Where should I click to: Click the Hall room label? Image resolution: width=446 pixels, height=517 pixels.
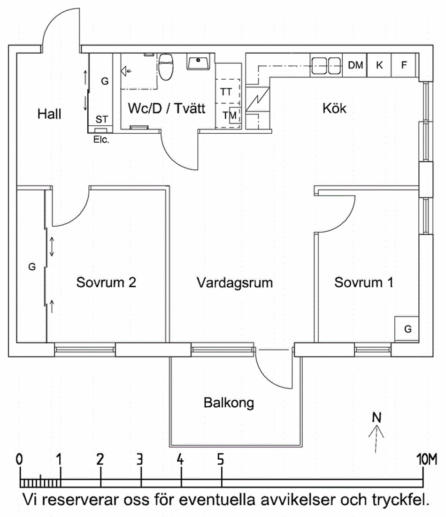click(x=50, y=114)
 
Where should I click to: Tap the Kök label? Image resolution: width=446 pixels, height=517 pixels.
click(x=334, y=108)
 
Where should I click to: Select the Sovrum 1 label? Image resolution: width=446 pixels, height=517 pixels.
click(x=364, y=282)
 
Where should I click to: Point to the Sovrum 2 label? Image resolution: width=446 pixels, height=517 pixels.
click(x=107, y=282)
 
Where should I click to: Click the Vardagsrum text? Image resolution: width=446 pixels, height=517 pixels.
click(x=235, y=283)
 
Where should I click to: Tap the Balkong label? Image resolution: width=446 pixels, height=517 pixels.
click(x=229, y=403)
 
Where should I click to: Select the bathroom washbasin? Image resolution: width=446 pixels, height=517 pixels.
click(x=199, y=62)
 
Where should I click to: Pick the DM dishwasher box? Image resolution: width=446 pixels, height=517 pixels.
click(x=355, y=65)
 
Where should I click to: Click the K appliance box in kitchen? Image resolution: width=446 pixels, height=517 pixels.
click(x=379, y=65)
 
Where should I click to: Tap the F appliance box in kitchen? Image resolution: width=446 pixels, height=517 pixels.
click(x=404, y=65)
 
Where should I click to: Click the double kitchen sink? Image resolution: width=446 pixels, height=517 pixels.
click(x=327, y=66)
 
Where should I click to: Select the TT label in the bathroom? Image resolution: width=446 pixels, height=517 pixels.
click(x=226, y=92)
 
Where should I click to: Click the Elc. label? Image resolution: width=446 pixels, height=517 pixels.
click(x=101, y=139)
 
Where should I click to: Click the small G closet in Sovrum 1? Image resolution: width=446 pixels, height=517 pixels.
click(x=408, y=329)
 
